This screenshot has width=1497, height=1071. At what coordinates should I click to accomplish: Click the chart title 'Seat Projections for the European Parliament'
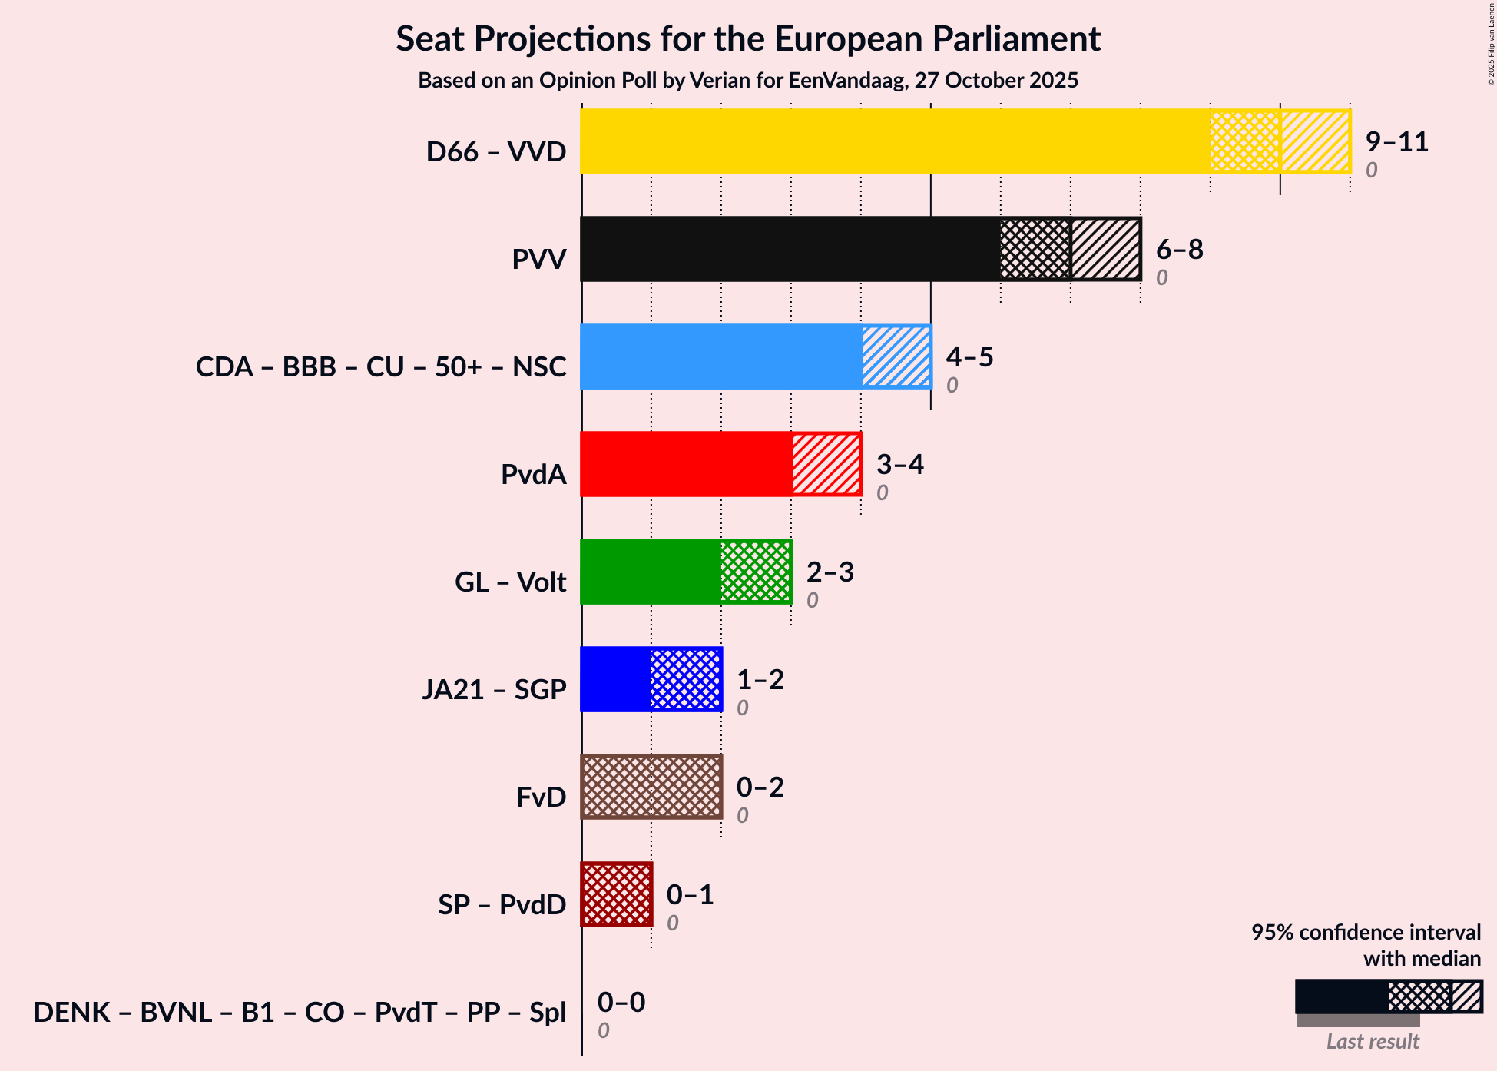pyautogui.click(x=748, y=39)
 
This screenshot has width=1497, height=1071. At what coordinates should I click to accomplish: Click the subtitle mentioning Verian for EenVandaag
pyautogui.click(x=748, y=81)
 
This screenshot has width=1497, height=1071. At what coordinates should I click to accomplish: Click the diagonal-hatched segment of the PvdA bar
pyautogui.click(x=826, y=464)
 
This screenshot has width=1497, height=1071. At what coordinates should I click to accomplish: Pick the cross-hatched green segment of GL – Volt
pyautogui.click(x=756, y=572)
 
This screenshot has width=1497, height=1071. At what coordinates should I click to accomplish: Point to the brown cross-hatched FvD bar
pyautogui.click(x=651, y=787)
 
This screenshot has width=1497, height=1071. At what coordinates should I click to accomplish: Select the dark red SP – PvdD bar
pyautogui.click(x=617, y=894)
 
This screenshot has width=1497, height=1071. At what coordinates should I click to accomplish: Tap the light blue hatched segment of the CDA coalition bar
pyautogui.click(x=896, y=356)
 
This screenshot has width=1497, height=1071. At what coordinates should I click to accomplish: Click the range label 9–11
pyautogui.click(x=1396, y=142)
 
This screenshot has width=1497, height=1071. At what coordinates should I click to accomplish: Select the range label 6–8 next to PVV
pyautogui.click(x=1179, y=250)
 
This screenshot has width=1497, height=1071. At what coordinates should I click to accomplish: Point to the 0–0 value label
pyautogui.click(x=621, y=1003)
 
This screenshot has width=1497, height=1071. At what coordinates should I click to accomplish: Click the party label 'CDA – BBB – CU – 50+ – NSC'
pyautogui.click(x=381, y=366)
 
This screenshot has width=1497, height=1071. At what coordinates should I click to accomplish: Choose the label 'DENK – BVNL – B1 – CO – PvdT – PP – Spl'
pyautogui.click(x=300, y=1012)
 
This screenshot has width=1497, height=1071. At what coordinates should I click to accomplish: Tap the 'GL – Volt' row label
pyautogui.click(x=510, y=582)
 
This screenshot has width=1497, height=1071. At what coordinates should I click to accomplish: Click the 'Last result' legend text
pyautogui.click(x=1373, y=1042)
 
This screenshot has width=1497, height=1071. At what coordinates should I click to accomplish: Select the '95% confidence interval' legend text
pyautogui.click(x=1366, y=933)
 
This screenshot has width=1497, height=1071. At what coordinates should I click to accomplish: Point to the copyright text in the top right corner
pyautogui.click(x=1491, y=43)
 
